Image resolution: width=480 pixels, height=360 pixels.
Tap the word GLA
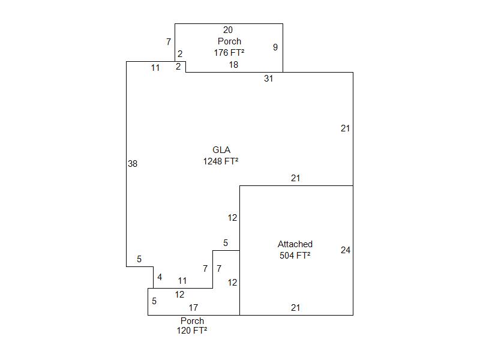[x=221, y=150]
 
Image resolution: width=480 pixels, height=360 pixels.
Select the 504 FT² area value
[x=295, y=255]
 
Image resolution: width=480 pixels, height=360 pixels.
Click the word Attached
[x=295, y=244]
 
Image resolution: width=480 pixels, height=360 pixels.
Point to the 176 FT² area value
[x=229, y=52]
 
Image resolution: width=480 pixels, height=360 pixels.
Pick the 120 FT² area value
[x=192, y=331]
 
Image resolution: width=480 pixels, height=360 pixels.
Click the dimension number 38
[x=133, y=163]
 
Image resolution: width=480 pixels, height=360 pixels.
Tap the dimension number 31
[x=268, y=79]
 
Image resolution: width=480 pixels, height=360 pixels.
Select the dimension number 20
[x=228, y=30]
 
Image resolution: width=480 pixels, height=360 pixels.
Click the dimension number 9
[x=275, y=47]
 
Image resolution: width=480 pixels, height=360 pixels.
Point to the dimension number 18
[x=233, y=65]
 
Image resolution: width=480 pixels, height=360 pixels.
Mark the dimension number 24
[x=346, y=250]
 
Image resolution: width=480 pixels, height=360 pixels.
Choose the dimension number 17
[x=194, y=308]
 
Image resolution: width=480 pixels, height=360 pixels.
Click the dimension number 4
[x=160, y=277]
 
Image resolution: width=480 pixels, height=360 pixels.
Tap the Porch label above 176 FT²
[x=229, y=41]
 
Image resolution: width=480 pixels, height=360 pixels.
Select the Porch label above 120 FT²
[x=192, y=321]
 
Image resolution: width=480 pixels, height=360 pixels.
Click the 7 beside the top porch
[x=169, y=42]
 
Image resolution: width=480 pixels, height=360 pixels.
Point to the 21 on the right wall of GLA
[x=345, y=128]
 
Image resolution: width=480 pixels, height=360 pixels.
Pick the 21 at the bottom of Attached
[x=295, y=308]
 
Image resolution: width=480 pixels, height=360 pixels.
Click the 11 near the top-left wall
[x=155, y=68]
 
